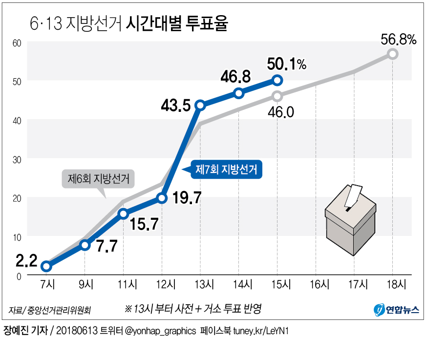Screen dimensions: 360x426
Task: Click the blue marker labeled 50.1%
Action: coord(277,80)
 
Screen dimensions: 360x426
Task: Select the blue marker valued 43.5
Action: coord(200,105)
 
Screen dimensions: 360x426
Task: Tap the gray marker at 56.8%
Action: coord(393,54)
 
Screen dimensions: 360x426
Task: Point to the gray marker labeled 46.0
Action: coord(277,96)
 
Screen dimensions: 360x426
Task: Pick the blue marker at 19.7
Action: coord(162,198)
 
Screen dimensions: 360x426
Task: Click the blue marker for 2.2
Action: coord(46,266)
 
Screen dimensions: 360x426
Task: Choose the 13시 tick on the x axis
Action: coord(200,284)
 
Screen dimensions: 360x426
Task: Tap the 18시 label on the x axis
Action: coord(393,284)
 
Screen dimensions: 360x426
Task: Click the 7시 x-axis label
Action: coord(46,284)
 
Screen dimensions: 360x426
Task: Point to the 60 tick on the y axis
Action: coord(18,43)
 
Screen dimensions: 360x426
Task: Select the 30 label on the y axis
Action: coord(18,159)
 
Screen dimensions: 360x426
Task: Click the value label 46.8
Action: coord(235,76)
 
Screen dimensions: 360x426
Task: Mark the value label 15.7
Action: coord(144,223)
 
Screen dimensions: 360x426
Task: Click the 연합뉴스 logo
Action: coord(396,309)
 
